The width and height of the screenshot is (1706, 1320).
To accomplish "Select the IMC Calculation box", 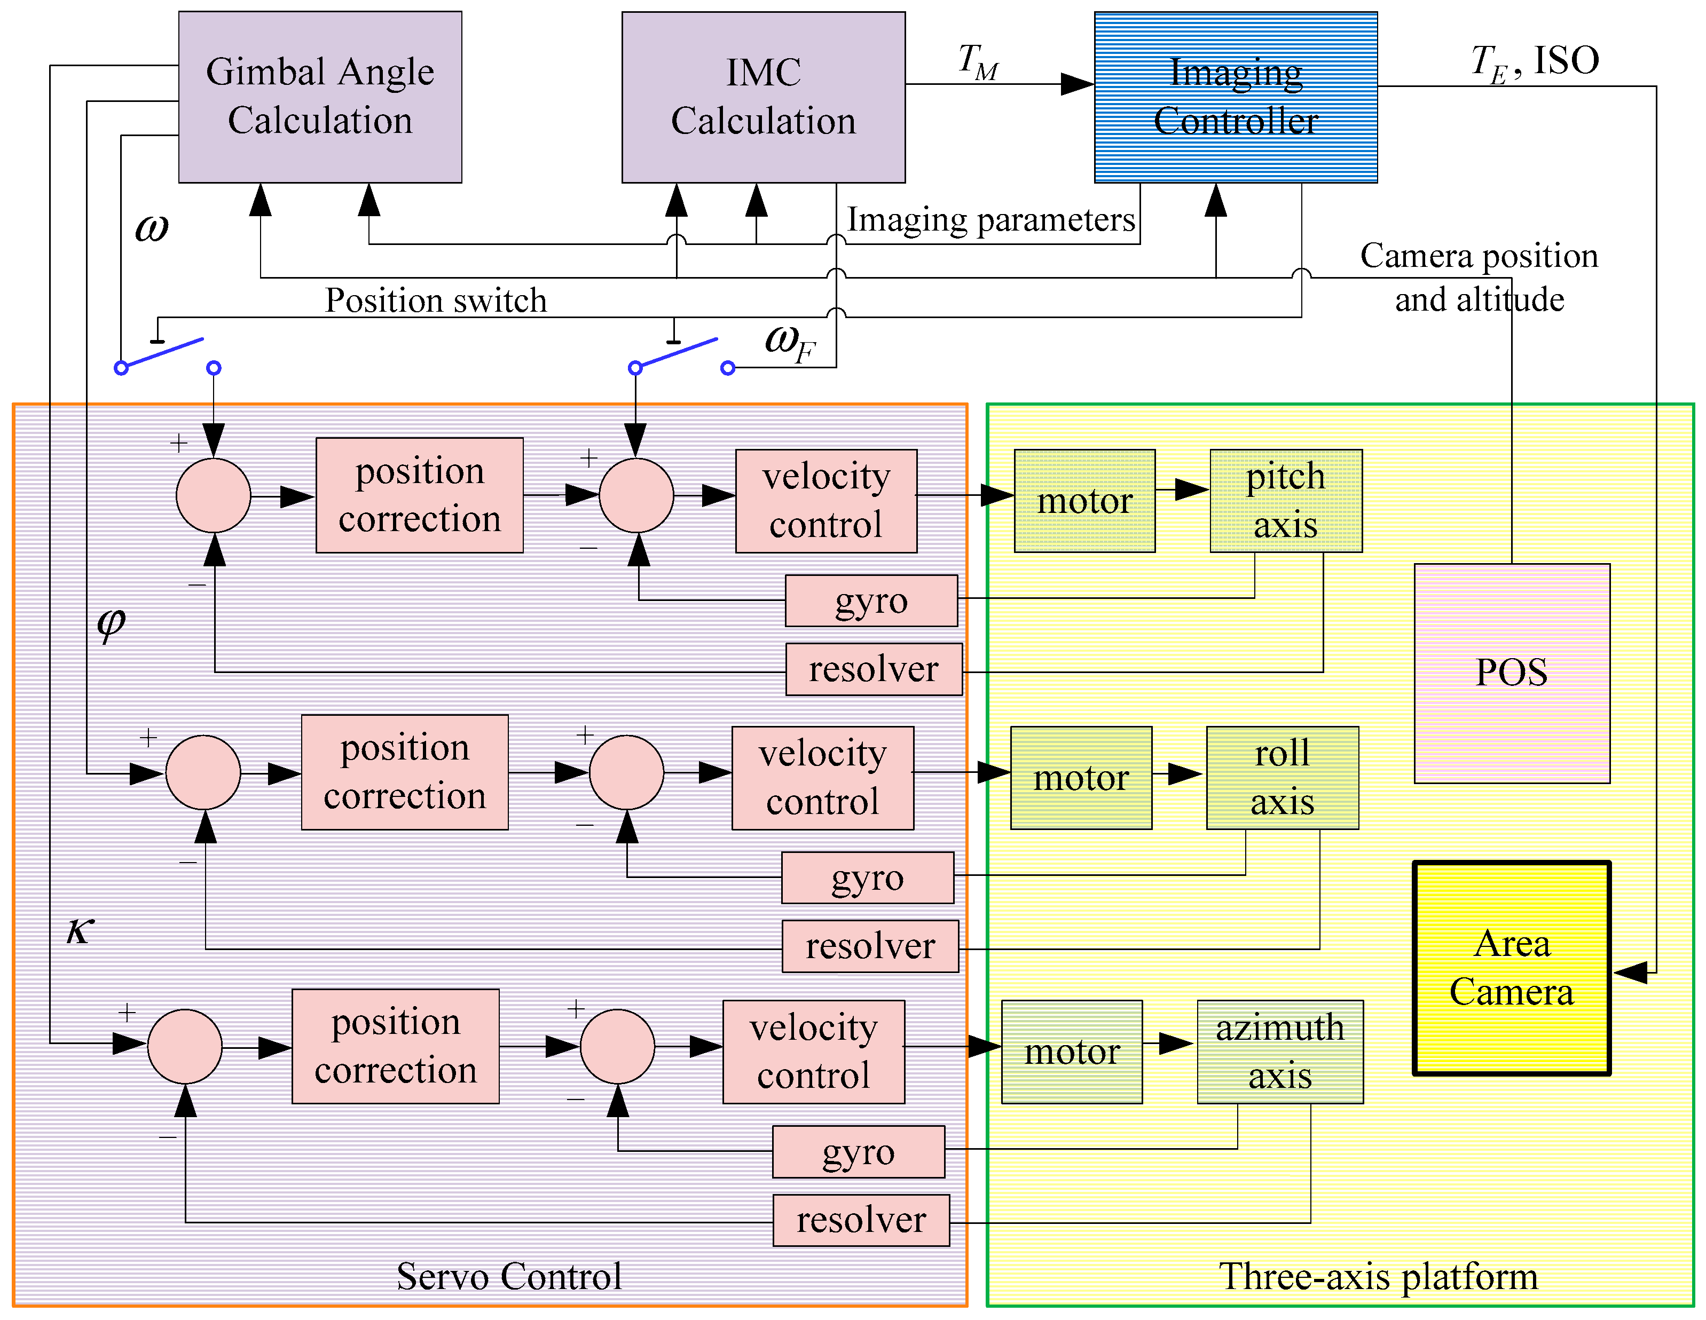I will click(763, 97).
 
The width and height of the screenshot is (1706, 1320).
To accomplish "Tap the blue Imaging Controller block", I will click(1235, 97).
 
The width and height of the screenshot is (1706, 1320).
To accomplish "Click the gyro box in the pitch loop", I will click(871, 600).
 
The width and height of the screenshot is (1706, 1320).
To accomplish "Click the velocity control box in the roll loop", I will click(822, 777).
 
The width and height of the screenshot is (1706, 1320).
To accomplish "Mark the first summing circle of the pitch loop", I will click(213, 495).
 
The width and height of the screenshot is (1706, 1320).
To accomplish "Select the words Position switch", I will click(435, 301).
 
